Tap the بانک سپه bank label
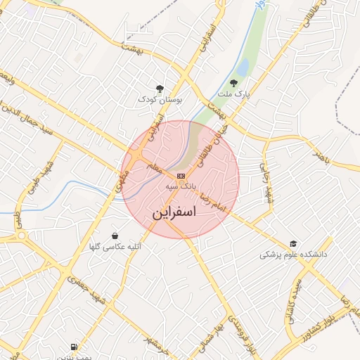coord(181,187)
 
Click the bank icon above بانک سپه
coord(181,175)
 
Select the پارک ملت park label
coord(233,93)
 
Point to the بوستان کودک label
coord(160,101)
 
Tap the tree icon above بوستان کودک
coord(160,89)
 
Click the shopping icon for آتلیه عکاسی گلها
coord(115,236)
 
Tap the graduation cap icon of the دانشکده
coord(293,243)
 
